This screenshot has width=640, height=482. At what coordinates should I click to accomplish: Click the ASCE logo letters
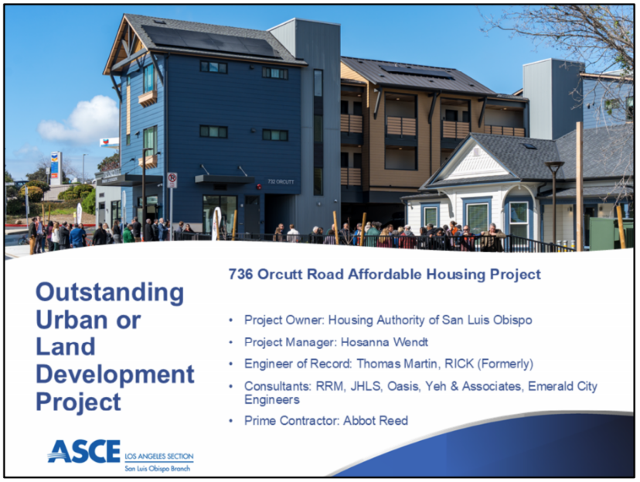click(x=84, y=451)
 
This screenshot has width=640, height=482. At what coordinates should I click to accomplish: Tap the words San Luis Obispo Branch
click(x=158, y=469)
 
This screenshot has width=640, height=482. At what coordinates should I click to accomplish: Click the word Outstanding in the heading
click(x=110, y=293)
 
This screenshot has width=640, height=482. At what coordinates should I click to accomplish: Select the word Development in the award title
click(x=115, y=374)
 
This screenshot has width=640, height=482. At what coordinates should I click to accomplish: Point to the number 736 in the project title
click(x=241, y=274)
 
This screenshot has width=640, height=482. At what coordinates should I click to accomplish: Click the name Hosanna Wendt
click(x=384, y=342)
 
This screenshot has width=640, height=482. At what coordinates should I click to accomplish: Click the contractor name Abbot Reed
click(x=376, y=420)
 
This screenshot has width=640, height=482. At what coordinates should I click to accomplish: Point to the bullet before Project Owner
click(x=231, y=320)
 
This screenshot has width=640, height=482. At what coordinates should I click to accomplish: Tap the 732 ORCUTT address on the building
click(x=281, y=181)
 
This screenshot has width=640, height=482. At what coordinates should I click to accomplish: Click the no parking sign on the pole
click(x=172, y=179)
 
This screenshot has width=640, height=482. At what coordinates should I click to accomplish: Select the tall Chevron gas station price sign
click(x=56, y=168)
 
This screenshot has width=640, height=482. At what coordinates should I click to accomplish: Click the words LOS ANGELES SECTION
click(x=159, y=456)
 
